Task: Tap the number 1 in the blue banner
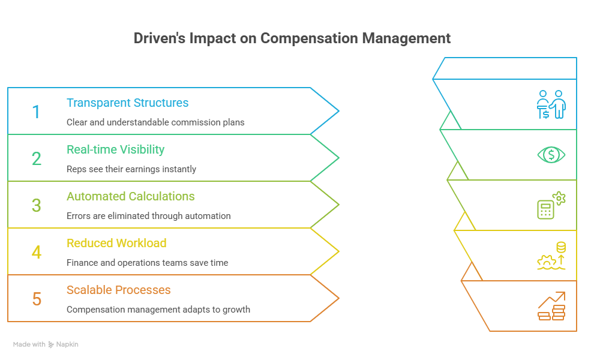tap(37, 112)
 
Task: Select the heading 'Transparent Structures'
tap(127, 103)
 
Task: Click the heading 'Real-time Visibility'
tap(115, 149)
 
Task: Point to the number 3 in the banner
tap(37, 205)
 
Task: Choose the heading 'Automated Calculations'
tap(130, 196)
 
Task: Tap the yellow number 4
tap(37, 252)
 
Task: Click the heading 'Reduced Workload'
tap(116, 243)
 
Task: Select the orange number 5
tap(37, 299)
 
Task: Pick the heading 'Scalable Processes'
tap(118, 290)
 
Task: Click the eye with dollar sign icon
tap(551, 155)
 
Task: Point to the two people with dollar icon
tap(551, 104)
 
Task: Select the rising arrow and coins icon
tap(551, 306)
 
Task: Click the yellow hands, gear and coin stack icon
tap(551, 256)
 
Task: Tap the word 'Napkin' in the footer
tap(67, 344)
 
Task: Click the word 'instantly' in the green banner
tap(179, 169)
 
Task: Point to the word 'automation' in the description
tap(208, 216)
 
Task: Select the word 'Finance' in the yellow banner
tap(82, 263)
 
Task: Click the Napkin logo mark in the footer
tap(51, 344)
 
